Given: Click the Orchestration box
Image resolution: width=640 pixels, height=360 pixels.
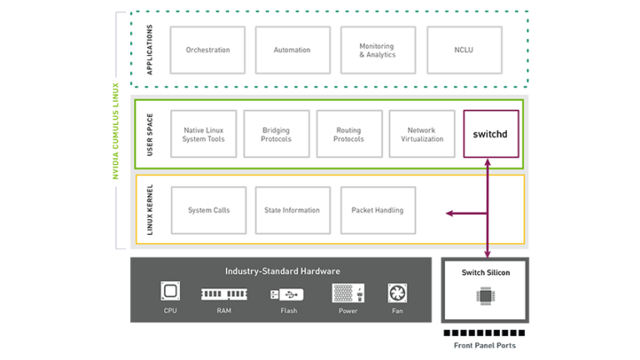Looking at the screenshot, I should click(207, 50).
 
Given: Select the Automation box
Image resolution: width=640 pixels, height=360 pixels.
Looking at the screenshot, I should click(292, 50).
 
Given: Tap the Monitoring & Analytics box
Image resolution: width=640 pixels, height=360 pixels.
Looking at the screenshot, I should click(377, 50).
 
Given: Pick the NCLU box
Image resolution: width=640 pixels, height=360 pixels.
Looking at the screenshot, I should click(464, 50).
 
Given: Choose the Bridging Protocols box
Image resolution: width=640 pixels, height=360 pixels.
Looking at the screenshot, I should click(276, 134).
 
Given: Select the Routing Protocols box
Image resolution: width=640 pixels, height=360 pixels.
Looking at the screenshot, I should click(348, 134).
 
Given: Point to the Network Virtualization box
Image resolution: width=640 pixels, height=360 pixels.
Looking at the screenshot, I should click(421, 134).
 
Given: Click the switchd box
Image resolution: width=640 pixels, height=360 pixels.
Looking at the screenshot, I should click(491, 133).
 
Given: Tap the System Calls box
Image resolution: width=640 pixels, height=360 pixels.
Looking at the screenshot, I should click(208, 210).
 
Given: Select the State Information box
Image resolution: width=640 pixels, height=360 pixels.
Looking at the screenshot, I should click(292, 210).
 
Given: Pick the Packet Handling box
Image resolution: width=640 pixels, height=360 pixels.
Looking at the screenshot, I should click(377, 210).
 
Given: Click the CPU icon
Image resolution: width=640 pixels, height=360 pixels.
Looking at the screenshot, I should click(171, 292).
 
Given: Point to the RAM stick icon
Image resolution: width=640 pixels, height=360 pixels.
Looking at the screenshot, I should click(223, 293).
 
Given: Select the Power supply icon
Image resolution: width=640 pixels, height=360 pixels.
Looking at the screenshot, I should click(347, 292).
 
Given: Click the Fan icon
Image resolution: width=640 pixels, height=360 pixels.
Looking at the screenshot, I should click(397, 293).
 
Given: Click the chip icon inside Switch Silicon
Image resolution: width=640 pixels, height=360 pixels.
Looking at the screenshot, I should click(486, 295).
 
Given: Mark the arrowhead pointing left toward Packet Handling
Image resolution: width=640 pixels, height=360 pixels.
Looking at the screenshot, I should click(449, 214).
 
